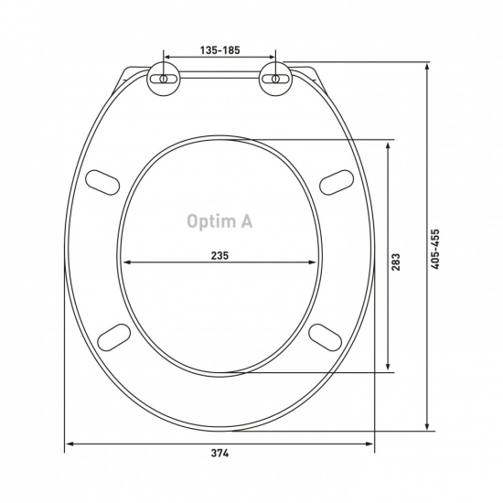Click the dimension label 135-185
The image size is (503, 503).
[220, 50]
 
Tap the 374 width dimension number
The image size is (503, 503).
[220, 454]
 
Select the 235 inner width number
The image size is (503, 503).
[220, 256]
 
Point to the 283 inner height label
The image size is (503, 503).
[396, 262]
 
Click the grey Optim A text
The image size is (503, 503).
[219, 221]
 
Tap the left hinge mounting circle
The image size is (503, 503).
[164, 79]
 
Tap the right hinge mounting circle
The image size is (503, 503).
[275, 79]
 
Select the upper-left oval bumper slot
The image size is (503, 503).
[102, 182]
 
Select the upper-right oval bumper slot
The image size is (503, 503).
[337, 182]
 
